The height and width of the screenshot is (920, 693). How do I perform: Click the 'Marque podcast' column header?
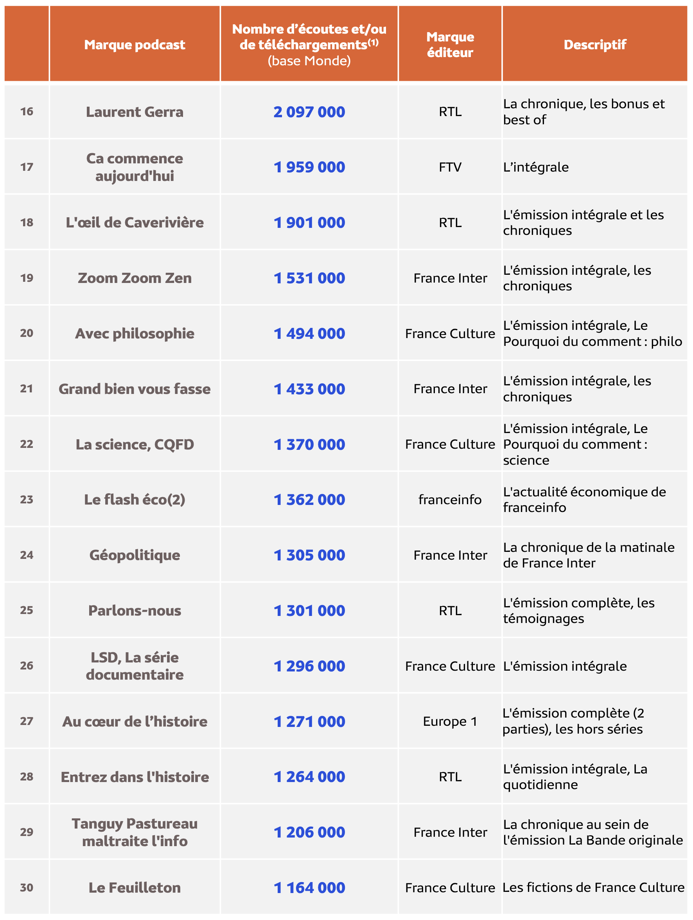(x=135, y=45)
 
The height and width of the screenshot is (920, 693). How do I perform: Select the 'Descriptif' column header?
(x=594, y=45)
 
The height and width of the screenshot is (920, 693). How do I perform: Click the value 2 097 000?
(x=309, y=112)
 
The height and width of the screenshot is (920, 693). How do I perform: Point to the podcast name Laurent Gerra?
(x=135, y=112)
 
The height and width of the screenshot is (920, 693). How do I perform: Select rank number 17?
(x=27, y=167)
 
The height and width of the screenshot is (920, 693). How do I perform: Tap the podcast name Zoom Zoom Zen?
(x=135, y=278)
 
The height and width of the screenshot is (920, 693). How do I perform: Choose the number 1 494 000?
(x=309, y=333)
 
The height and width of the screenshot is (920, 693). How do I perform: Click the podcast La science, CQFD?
(x=135, y=444)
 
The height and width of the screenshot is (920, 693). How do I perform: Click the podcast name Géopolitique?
(x=135, y=555)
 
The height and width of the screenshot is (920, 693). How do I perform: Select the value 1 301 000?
(x=309, y=610)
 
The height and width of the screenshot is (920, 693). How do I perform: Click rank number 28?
(x=27, y=777)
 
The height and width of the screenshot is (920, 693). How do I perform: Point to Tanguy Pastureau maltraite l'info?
(x=135, y=832)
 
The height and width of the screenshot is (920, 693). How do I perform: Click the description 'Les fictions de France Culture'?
(x=593, y=888)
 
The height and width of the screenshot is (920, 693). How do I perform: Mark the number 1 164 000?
(x=309, y=888)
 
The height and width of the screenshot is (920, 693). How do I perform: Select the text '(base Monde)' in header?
(x=309, y=61)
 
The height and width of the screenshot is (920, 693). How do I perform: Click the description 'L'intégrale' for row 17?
(x=536, y=167)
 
